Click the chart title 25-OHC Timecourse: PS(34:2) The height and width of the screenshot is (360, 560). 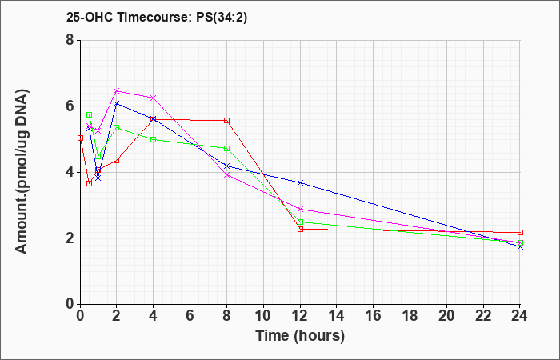click(x=157, y=18)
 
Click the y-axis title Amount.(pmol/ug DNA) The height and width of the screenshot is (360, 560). click(x=22, y=172)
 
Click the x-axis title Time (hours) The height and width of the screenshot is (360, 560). click(x=300, y=336)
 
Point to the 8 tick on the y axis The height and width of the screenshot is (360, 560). click(x=70, y=40)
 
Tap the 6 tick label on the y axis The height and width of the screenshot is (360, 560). click(x=70, y=106)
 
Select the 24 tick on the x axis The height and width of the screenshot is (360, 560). click(x=520, y=316)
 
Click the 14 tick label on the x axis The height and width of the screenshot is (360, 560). click(x=337, y=316)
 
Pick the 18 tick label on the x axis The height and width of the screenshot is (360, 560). click(x=410, y=316)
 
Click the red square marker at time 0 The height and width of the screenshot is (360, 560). click(x=80, y=138)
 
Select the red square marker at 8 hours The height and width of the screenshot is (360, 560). click(x=226, y=120)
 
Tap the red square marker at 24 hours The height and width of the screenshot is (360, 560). click(x=520, y=232)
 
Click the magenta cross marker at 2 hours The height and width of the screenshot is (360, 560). click(x=117, y=90)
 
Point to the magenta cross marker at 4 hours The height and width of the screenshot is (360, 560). click(x=154, y=98)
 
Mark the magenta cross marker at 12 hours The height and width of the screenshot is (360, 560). click(x=300, y=209)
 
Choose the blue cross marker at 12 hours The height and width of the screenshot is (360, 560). click(x=300, y=182)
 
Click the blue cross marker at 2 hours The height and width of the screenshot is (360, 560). click(x=117, y=103)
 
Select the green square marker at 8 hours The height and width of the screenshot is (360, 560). click(x=226, y=148)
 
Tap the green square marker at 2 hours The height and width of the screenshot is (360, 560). click(x=117, y=127)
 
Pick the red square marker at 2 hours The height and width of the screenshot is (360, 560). click(x=117, y=160)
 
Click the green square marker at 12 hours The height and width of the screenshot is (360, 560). click(x=300, y=222)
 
